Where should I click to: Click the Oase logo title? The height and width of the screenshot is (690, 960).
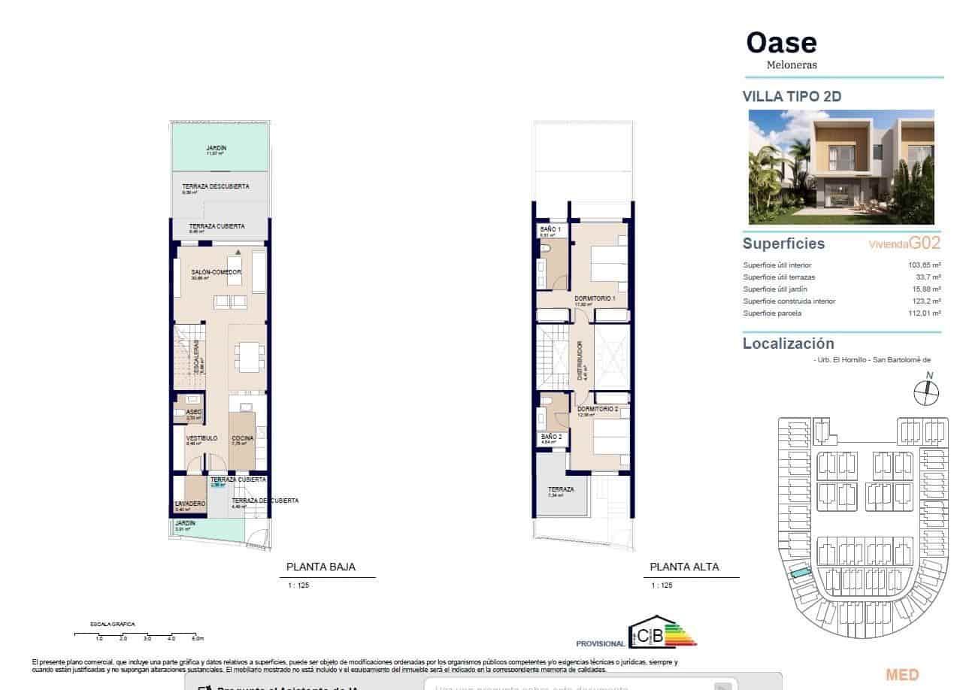point(781,43)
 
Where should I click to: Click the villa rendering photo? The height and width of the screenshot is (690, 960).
point(841,167)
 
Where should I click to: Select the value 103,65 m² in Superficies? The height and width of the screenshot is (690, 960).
point(925,265)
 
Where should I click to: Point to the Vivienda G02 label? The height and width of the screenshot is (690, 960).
point(904,244)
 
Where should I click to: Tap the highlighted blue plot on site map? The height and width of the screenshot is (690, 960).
point(800,576)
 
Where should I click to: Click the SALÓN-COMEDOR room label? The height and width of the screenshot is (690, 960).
point(216,272)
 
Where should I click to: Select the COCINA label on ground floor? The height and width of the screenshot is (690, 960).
point(242,438)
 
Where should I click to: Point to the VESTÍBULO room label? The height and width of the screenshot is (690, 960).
point(201,438)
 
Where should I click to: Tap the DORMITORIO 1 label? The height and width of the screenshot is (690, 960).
point(595,298)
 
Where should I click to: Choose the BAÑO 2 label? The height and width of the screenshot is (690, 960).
point(551,436)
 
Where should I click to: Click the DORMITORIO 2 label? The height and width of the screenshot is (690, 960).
point(597,409)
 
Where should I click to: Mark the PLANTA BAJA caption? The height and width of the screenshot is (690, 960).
point(321,567)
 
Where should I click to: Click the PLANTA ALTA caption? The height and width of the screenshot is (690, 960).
point(684,567)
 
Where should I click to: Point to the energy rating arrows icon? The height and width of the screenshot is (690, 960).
point(681,634)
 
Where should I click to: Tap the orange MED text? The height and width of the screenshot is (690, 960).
point(902,675)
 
